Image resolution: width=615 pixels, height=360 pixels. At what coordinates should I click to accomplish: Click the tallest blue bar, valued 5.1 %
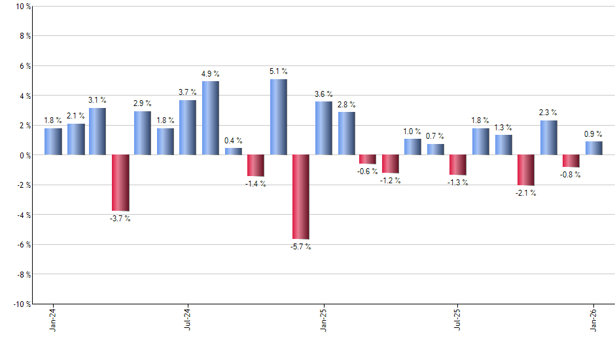[x=278, y=117]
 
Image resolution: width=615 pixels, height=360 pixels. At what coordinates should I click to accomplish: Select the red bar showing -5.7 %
[x=301, y=197]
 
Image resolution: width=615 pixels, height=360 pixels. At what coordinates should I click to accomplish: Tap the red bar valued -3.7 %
[x=120, y=183]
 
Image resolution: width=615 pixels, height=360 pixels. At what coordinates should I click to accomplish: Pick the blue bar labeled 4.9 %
[x=211, y=118]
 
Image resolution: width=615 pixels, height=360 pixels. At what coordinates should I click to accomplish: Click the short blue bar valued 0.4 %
[x=234, y=151]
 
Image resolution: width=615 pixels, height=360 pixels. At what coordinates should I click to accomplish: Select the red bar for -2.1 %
[x=526, y=170]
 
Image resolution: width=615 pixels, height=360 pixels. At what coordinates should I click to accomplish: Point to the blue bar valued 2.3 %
[x=549, y=137]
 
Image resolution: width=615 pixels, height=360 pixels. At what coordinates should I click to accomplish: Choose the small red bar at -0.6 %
[x=368, y=159]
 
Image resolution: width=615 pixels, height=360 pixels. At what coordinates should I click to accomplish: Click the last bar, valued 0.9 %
[x=594, y=148]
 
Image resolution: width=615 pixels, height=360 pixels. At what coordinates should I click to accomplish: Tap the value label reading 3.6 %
[x=323, y=94]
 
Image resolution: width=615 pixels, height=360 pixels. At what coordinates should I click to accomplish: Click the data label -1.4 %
[x=256, y=184]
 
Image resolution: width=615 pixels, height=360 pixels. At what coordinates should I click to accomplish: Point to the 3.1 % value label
[x=97, y=100]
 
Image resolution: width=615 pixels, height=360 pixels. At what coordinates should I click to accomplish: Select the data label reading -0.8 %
[x=571, y=174]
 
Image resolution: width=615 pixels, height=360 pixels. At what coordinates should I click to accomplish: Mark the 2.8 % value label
[x=346, y=105]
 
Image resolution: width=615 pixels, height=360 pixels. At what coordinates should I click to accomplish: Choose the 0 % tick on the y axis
[x=24, y=155]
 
